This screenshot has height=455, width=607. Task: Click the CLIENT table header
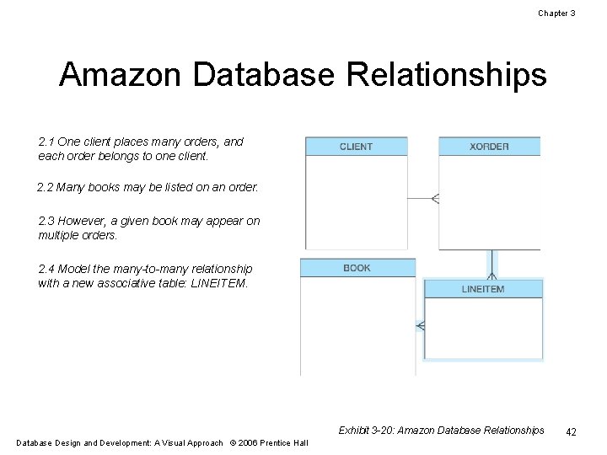click(356, 147)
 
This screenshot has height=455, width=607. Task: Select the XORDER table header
click(489, 147)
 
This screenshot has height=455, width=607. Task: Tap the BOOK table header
click(357, 268)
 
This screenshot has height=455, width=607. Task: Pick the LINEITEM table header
click(483, 289)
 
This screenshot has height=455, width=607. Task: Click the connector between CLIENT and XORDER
click(422, 199)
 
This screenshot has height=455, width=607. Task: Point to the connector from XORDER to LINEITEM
click(492, 264)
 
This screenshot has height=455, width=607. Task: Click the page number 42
click(571, 431)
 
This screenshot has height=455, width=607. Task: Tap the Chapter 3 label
click(556, 13)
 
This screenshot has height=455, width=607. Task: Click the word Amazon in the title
click(121, 76)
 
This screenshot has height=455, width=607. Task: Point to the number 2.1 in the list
click(46, 142)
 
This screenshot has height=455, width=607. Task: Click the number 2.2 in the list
click(45, 187)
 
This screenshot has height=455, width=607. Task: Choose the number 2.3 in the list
click(46, 221)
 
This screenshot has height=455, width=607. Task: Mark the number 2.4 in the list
click(46, 269)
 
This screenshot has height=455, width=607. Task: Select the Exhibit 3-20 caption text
click(441, 431)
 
